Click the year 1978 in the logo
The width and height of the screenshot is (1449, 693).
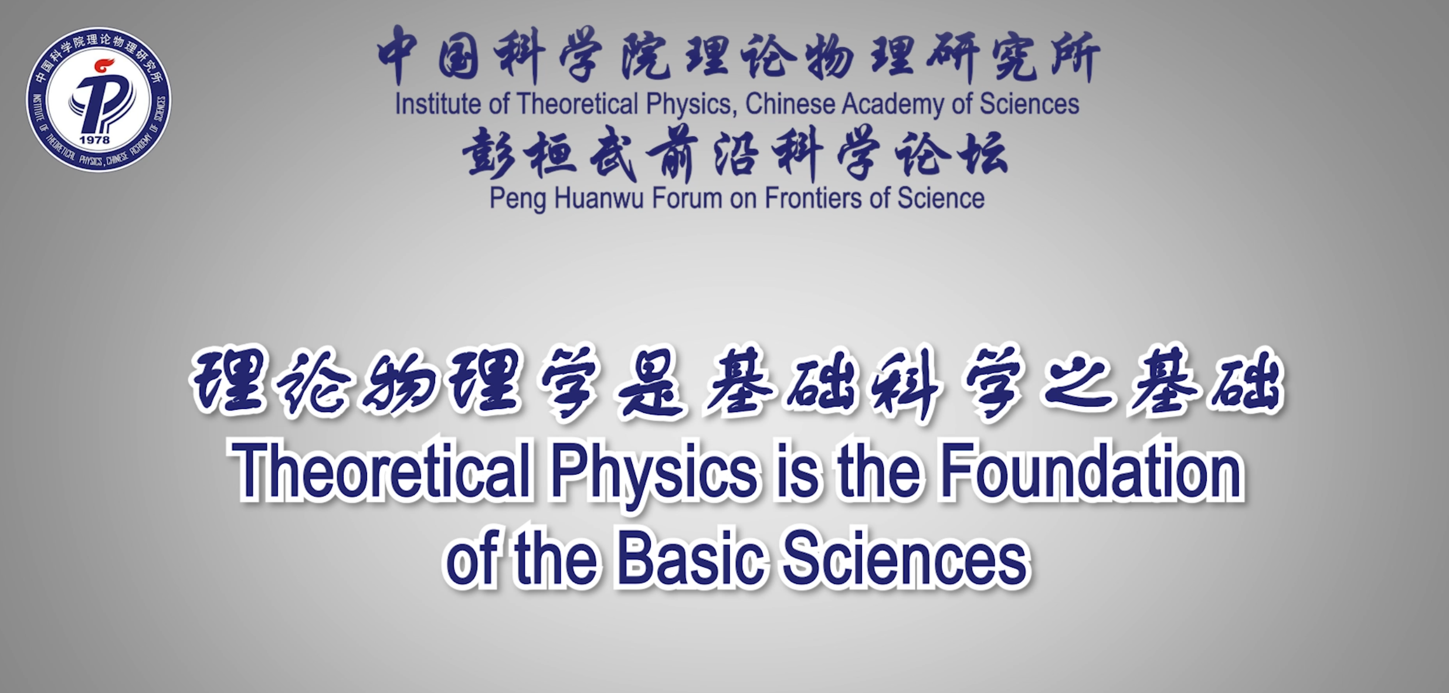94,140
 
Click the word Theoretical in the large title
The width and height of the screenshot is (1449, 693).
382,473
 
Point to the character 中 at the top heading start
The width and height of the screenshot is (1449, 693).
398,56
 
